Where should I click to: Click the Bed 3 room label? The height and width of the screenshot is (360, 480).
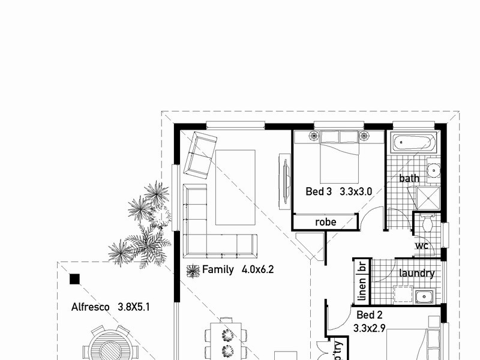(x=319, y=192)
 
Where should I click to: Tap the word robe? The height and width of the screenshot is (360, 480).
(x=326, y=222)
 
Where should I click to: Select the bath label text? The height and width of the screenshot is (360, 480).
(x=409, y=178)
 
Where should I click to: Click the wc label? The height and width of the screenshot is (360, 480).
(x=421, y=247)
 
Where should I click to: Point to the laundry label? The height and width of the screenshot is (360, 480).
(x=416, y=274)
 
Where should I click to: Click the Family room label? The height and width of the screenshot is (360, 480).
(x=217, y=269)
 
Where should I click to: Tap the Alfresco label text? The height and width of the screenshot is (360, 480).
(x=90, y=307)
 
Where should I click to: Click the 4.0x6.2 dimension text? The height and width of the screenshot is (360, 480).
(x=258, y=269)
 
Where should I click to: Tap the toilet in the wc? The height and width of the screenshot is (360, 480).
(x=428, y=223)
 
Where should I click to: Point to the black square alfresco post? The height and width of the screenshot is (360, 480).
(x=74, y=278)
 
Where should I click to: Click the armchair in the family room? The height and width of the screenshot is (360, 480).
(x=200, y=154)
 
